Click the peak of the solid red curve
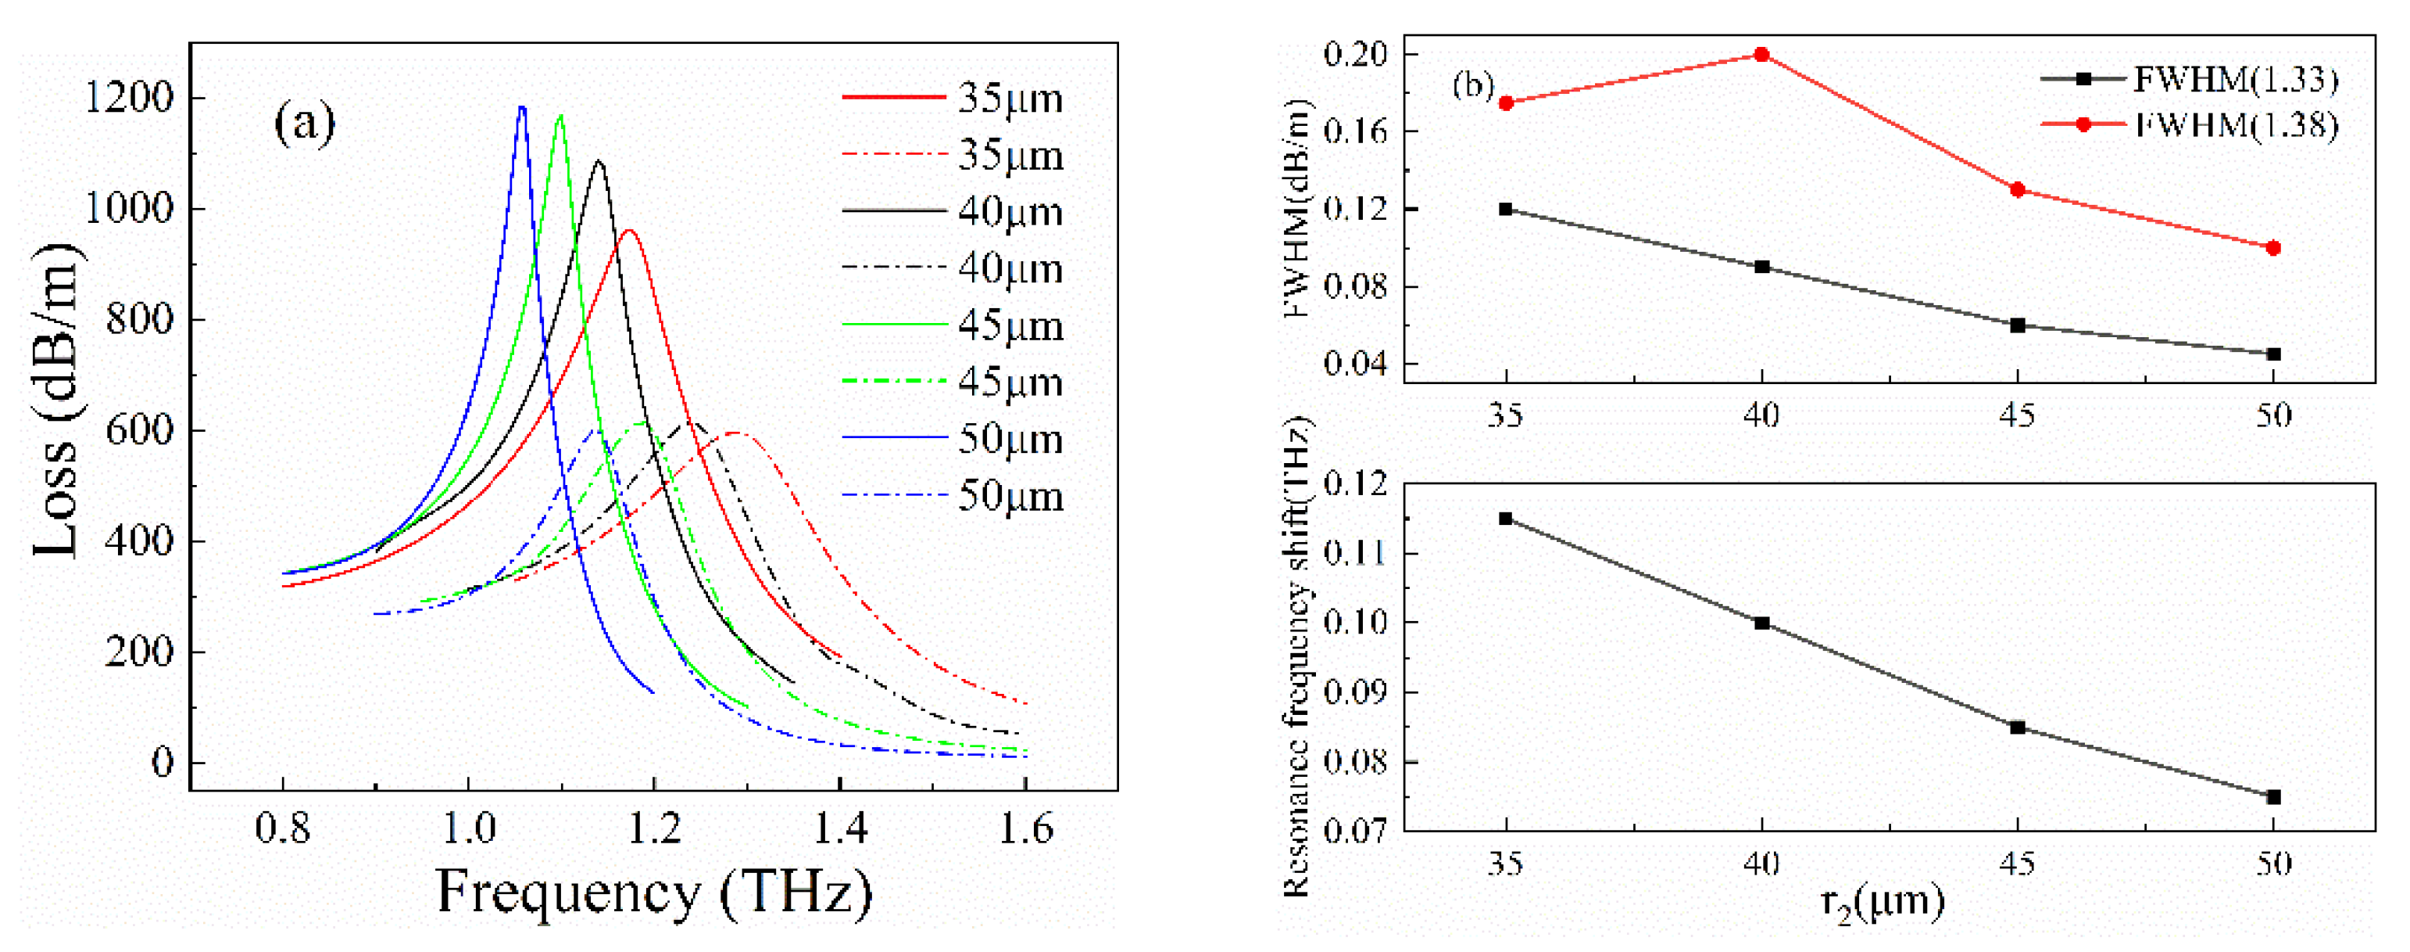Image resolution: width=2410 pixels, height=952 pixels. [x=629, y=230]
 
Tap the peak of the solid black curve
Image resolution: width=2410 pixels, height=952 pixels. [x=599, y=162]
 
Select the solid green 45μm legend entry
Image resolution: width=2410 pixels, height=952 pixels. [x=953, y=325]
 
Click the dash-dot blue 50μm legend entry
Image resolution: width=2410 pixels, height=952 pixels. [x=953, y=496]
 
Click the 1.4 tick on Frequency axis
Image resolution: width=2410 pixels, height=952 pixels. [x=840, y=828]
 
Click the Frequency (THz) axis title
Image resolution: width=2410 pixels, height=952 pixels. [x=654, y=892]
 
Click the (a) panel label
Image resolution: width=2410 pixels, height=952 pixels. [x=304, y=123]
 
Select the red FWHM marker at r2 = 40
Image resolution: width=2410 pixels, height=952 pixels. [x=1761, y=54]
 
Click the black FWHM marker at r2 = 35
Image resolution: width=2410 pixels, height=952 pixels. [x=1505, y=209]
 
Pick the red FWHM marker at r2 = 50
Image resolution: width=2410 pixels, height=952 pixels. [x=2273, y=248]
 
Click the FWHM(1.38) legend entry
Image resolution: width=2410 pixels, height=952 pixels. [x=2189, y=124]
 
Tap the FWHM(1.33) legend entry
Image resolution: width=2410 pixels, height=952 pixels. [x=2189, y=80]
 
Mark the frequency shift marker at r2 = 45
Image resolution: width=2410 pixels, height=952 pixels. [x=2018, y=727]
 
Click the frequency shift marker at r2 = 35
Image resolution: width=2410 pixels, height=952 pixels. [x=1505, y=519]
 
